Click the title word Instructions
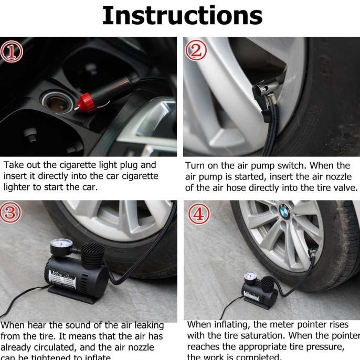[x=182, y=16]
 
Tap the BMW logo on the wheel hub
[x=285, y=208]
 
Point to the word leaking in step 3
[x=145, y=326]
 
